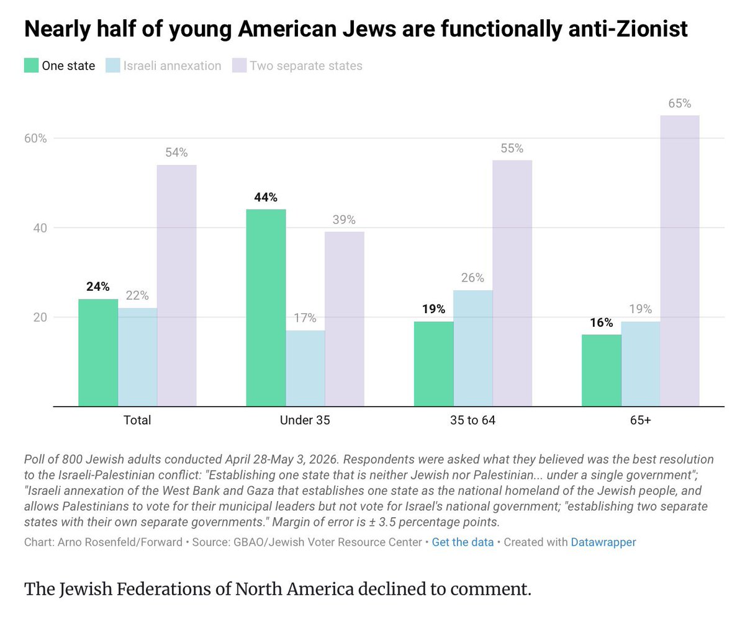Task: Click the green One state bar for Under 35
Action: [x=266, y=308]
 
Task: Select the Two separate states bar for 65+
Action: [x=680, y=260]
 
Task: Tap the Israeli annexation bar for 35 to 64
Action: [x=472, y=348]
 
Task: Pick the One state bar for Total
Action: [x=98, y=352]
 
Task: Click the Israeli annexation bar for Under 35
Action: [x=305, y=368]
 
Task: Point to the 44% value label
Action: [x=266, y=197]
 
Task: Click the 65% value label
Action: [x=680, y=104]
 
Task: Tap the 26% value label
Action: [x=472, y=278]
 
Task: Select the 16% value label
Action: [x=601, y=322]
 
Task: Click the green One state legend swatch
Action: [x=32, y=66]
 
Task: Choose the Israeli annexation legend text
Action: [x=173, y=66]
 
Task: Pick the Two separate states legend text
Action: [x=306, y=66]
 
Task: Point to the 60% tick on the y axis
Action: [x=35, y=138]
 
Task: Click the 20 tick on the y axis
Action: [x=40, y=317]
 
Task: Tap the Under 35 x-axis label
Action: [x=305, y=420]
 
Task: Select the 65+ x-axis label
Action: [x=641, y=420]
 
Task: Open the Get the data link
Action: [x=463, y=542]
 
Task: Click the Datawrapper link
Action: [x=603, y=542]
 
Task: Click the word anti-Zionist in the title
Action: [x=628, y=29]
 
